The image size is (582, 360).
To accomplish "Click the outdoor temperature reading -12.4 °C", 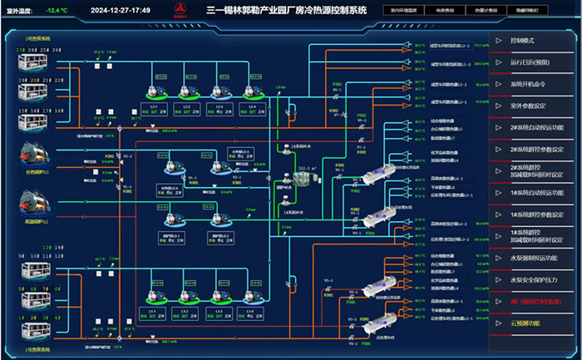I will (57, 10).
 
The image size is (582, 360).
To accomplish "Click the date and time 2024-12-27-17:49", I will (120, 10).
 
